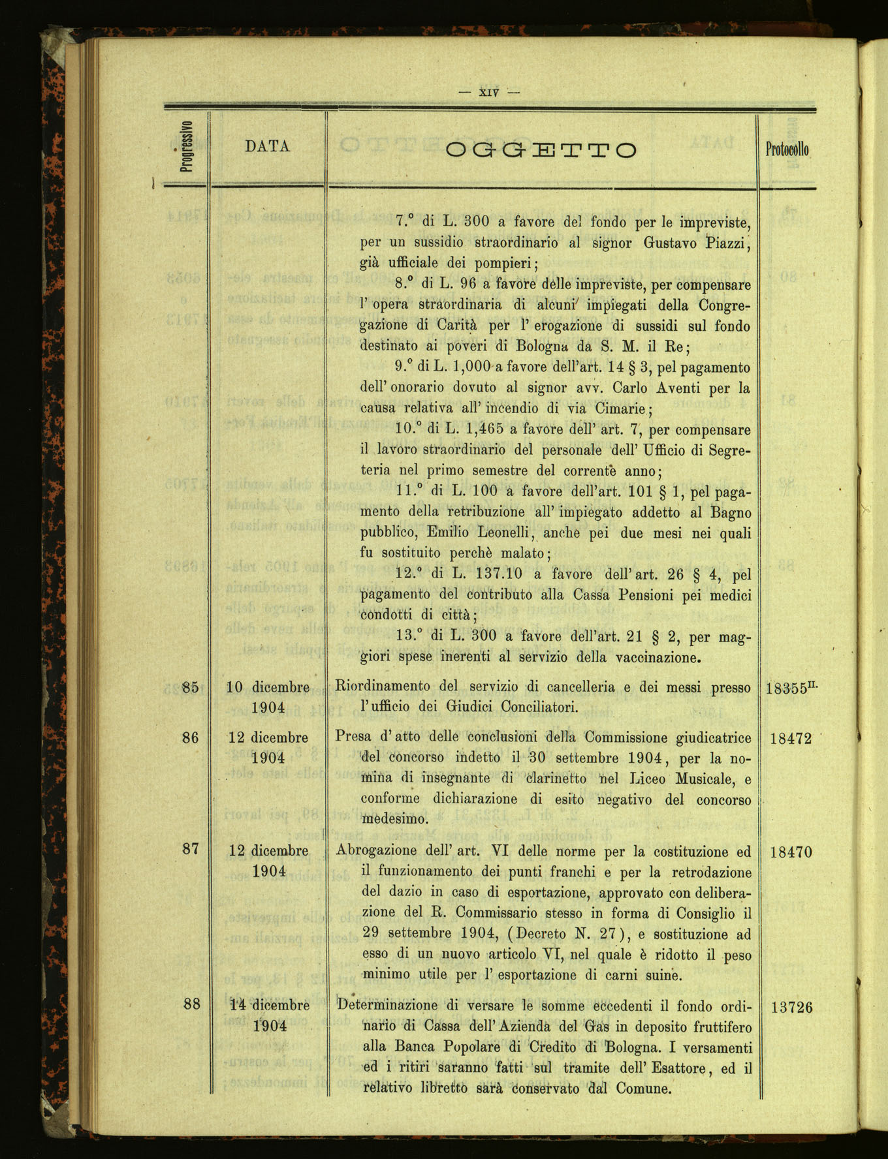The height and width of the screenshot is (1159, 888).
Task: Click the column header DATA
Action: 268,147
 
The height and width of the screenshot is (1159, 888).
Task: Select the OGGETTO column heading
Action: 541,150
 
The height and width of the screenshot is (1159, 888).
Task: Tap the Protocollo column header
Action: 787,149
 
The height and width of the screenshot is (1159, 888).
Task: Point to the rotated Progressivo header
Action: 185,147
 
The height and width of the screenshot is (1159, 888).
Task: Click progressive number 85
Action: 191,687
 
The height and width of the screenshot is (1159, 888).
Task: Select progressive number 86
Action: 191,737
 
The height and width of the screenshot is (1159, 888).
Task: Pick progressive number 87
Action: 191,850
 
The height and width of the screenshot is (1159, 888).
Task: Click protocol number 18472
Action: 791,739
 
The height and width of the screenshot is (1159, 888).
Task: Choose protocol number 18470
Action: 791,852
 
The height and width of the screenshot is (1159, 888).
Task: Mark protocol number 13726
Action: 791,1006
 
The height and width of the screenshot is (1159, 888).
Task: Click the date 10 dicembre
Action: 268,687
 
